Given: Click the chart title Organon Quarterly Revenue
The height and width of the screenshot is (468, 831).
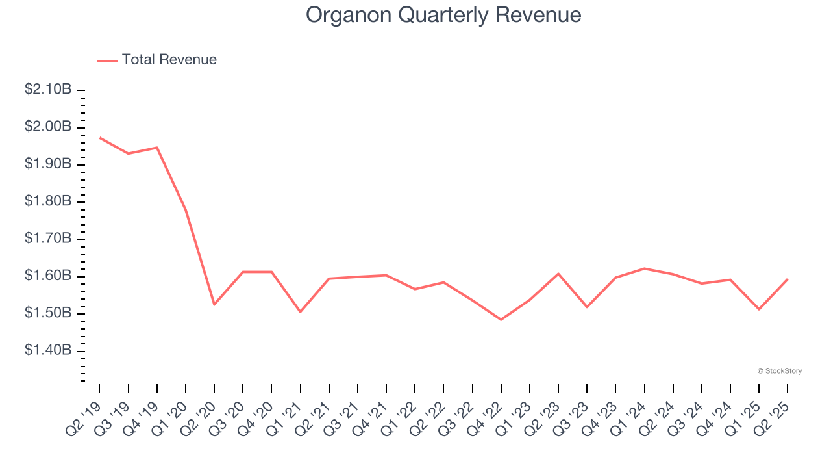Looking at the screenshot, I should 443,15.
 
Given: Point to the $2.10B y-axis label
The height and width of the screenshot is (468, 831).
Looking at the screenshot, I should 48,89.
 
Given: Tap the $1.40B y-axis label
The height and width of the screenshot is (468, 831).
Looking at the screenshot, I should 48,351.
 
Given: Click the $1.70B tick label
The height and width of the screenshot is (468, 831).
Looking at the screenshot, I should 48,239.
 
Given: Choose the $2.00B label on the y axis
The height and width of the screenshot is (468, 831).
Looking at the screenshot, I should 48,126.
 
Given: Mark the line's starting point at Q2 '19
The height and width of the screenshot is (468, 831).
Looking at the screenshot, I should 100,138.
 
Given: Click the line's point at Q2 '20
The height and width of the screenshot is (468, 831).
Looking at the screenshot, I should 214,304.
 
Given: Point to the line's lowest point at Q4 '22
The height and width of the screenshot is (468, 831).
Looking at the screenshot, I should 501,320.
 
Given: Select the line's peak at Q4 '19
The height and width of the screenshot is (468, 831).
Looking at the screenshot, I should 157,148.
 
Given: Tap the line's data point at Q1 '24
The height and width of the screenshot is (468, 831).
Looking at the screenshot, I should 644,268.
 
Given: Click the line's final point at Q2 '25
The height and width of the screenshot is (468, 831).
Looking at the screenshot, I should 788,279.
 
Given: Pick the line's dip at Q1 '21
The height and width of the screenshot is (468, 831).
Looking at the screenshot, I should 300,312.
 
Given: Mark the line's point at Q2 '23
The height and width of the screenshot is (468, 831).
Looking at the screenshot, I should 558,274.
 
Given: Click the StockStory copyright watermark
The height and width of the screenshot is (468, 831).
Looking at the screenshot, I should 779,371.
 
